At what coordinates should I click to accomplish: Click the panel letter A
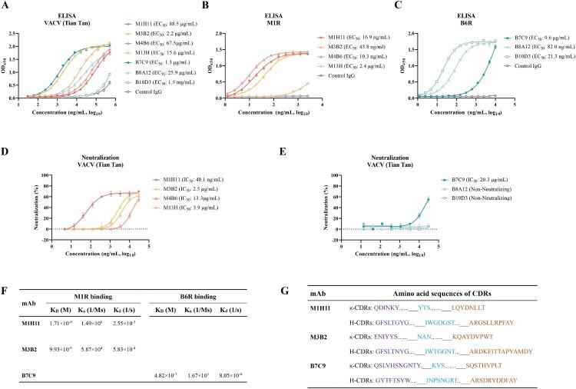pyautogui.click(x=7, y=5)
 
